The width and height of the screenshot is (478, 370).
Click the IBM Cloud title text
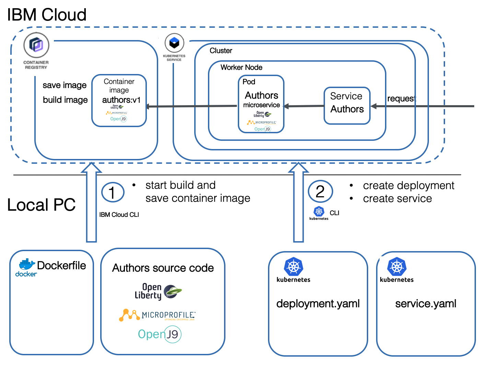click(x=47, y=15)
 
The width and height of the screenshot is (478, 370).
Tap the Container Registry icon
click(x=36, y=45)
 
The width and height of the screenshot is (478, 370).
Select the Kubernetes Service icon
click(x=174, y=43)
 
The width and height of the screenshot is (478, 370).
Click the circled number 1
click(x=113, y=192)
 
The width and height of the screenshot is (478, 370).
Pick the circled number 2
click(x=320, y=191)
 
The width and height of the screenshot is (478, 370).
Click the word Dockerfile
click(x=61, y=266)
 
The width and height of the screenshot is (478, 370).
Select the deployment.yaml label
click(x=318, y=304)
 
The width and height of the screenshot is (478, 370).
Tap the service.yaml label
click(x=425, y=304)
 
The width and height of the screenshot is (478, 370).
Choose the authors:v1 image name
click(x=121, y=100)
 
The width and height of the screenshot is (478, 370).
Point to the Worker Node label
click(x=241, y=67)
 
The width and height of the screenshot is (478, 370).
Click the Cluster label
click(x=221, y=51)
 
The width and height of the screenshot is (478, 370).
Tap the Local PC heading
click(x=41, y=205)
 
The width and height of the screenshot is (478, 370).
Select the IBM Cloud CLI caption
click(x=119, y=215)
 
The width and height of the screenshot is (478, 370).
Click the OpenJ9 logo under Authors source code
click(x=160, y=334)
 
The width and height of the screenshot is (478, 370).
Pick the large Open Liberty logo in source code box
click(x=158, y=292)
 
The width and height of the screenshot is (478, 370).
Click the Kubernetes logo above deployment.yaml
click(x=293, y=267)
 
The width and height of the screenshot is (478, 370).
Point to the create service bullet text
click(x=397, y=199)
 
